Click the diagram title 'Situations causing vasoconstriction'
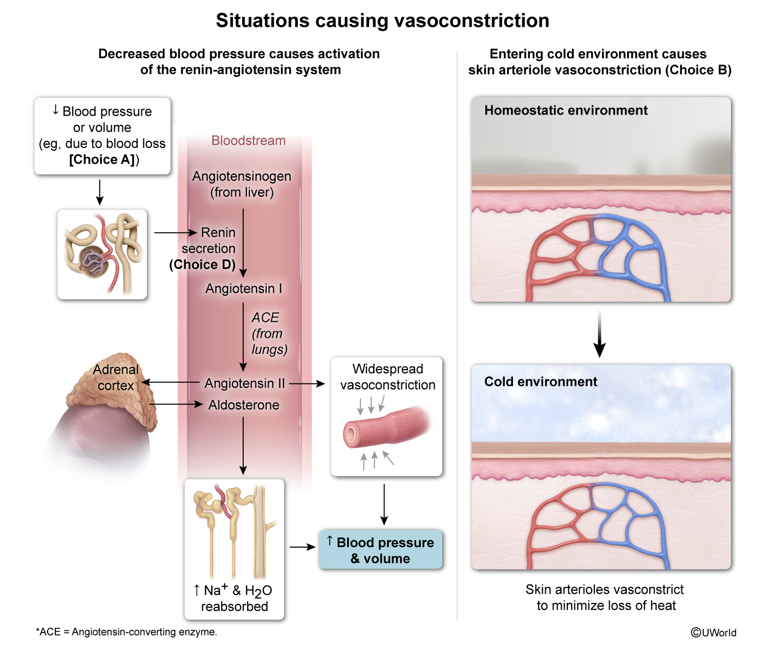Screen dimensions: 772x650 point(382,20)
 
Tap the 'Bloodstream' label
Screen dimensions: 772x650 point(248,141)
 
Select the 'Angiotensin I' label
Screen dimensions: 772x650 point(244,288)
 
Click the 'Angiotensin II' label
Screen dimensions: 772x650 point(245,383)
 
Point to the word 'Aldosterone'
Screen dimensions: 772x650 point(244,405)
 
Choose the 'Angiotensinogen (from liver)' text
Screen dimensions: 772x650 point(242,184)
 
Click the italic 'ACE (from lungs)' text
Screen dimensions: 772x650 point(269,334)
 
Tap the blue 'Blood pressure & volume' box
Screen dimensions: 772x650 point(380,550)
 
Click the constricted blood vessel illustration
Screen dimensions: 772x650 point(387,426)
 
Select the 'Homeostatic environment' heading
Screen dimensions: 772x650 point(566,110)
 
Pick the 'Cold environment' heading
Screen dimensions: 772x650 point(541,382)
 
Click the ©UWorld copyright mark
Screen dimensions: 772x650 point(713,633)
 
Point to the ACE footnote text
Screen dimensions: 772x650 point(126,632)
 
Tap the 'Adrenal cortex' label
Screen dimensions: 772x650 point(116,378)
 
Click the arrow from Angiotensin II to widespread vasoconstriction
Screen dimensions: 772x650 point(307,384)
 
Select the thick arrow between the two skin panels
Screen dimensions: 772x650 point(599,334)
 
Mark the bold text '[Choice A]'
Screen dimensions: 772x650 point(102,160)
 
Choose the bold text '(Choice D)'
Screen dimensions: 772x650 point(202,265)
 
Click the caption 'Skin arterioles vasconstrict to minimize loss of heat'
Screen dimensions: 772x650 point(605,597)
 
